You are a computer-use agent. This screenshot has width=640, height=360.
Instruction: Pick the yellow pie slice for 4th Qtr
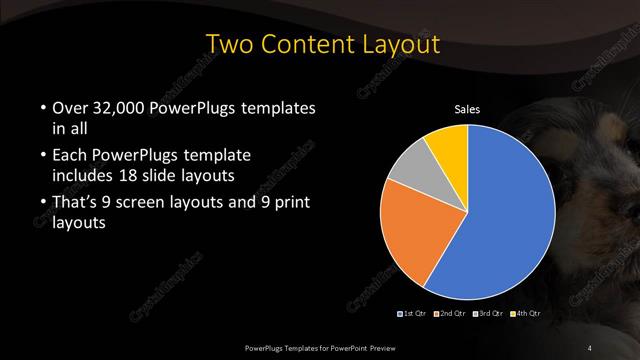point(447,144)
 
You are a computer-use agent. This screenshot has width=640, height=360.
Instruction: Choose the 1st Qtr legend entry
point(414,314)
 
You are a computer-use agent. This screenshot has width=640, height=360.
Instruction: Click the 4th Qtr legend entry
point(527,314)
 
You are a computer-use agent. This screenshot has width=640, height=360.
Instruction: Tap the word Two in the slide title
point(228,45)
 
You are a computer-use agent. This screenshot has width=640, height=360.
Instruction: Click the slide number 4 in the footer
point(590,347)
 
